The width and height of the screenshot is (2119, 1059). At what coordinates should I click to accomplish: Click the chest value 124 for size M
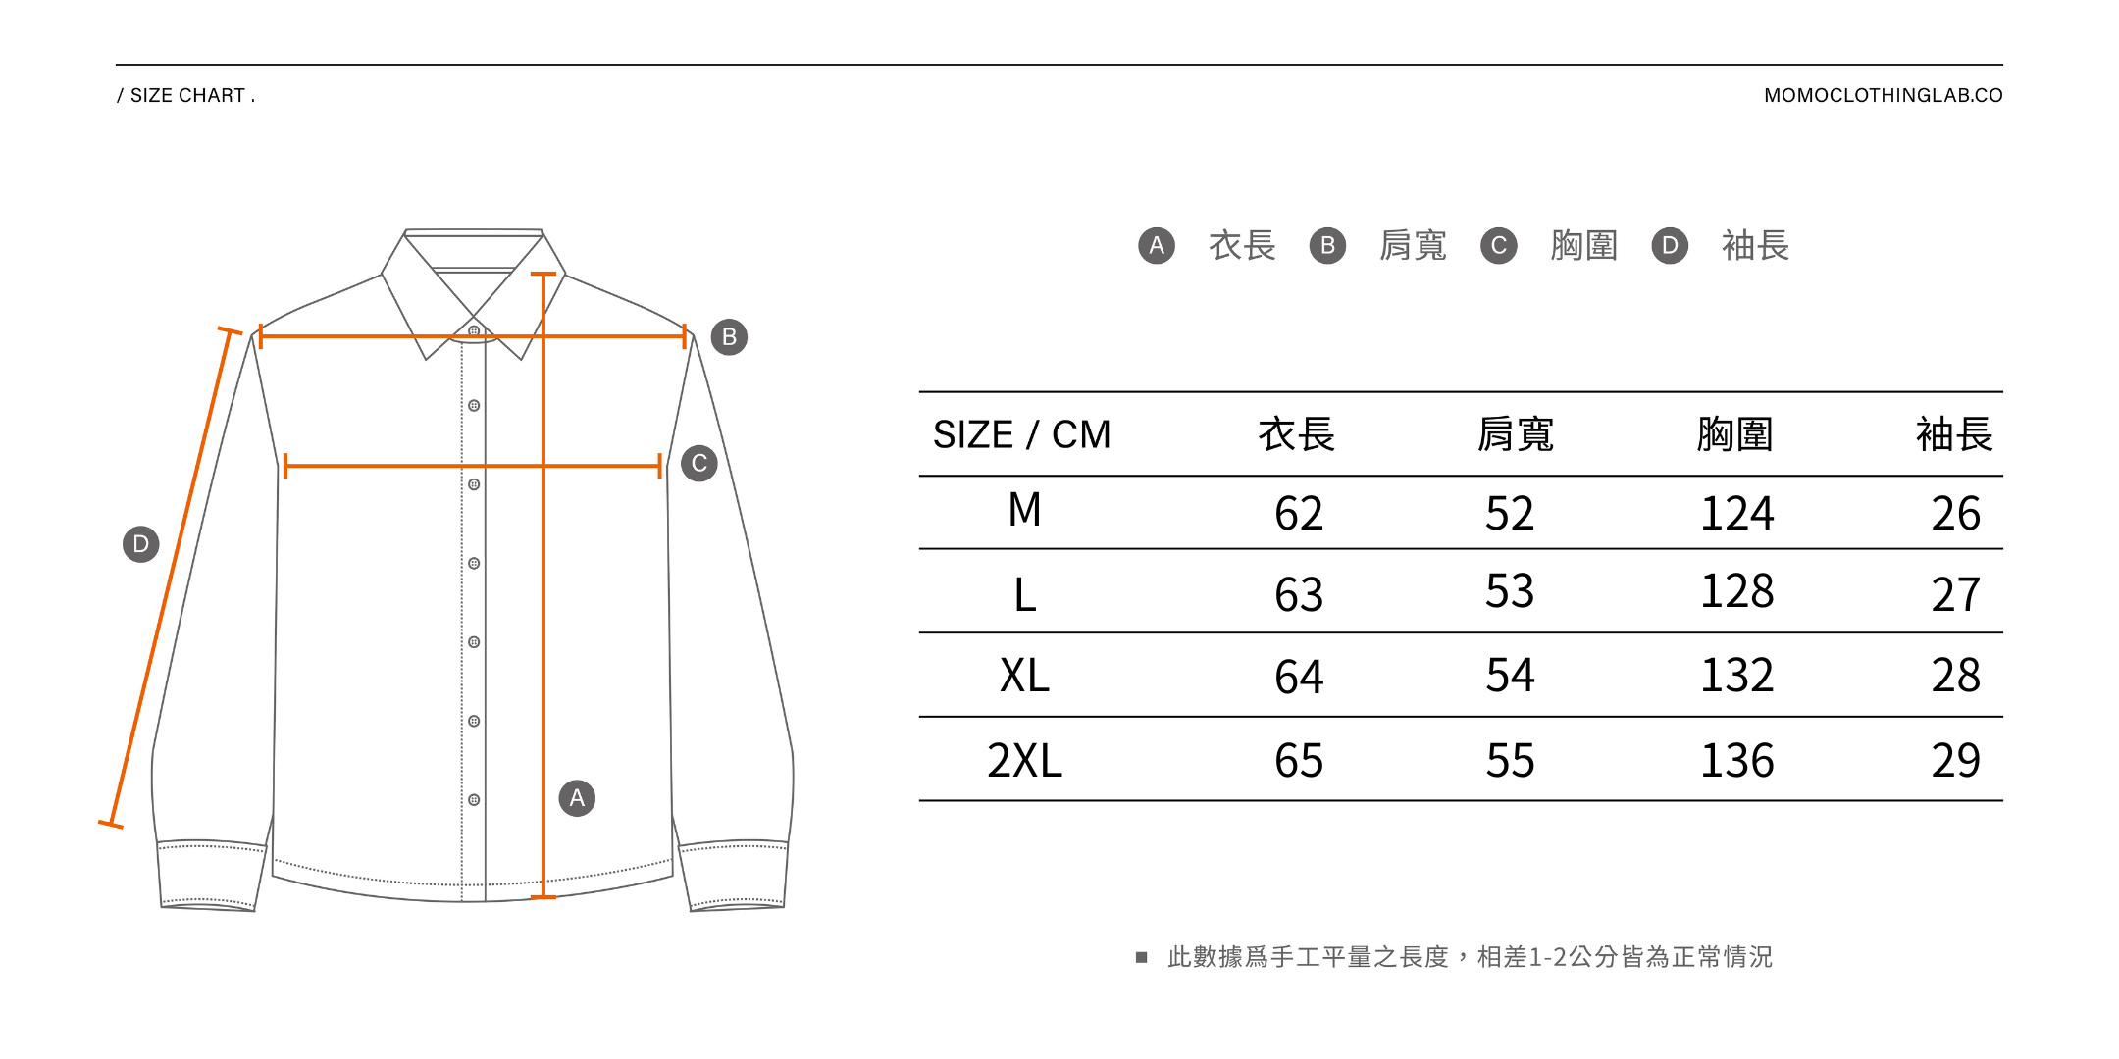point(1736,514)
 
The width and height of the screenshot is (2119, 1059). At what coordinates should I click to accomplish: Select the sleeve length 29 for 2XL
point(1955,761)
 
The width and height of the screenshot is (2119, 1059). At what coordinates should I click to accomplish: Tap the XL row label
point(1024,676)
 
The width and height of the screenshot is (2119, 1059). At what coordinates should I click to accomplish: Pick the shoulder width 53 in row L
point(1510,591)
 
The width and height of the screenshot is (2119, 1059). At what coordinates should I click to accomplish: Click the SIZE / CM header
point(1021,434)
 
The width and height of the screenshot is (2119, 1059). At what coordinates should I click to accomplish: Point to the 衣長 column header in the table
point(1297,434)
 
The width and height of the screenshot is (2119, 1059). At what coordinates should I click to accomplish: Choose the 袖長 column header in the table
point(1954,434)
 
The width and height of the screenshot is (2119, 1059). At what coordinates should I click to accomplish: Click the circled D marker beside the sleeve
point(140,543)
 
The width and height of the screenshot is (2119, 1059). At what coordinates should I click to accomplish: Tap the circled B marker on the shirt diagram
point(729,337)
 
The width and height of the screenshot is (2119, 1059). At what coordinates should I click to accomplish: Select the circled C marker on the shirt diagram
point(699,464)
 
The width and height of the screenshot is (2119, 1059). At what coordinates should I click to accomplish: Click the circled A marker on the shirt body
point(577,798)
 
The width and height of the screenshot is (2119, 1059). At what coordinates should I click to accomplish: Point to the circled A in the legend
point(1157,245)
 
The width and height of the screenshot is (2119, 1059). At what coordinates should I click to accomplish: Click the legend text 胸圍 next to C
point(1584,245)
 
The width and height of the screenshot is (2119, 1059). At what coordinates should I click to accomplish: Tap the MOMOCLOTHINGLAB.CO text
point(1883,96)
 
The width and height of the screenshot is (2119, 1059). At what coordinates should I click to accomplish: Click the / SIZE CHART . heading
point(186,96)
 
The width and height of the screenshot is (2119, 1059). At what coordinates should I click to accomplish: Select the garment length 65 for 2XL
point(1299,761)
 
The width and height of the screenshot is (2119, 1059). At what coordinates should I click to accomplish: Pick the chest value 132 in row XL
point(1736,676)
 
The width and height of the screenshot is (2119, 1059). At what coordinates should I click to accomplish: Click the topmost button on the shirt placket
point(474,331)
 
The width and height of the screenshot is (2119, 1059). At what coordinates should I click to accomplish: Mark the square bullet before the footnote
point(1141,957)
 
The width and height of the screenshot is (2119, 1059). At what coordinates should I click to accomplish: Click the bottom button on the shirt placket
point(474,800)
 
